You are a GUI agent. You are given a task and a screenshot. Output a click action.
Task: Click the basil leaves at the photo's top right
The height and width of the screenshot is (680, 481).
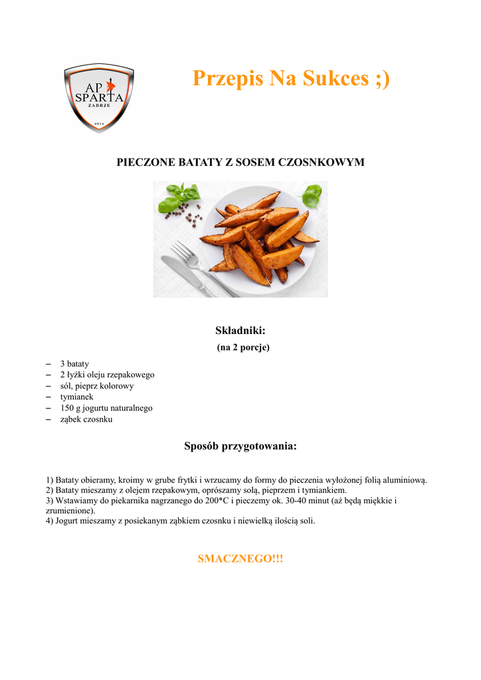[x=312, y=195]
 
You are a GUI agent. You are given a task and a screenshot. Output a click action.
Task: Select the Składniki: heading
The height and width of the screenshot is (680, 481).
[x=241, y=330]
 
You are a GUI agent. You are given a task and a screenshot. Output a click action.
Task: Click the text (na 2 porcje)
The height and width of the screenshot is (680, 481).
[x=243, y=347]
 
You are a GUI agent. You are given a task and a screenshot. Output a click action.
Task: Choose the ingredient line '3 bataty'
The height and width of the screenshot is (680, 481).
[x=74, y=364]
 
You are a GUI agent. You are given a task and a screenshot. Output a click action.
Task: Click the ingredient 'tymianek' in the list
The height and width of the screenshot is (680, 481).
[x=77, y=397]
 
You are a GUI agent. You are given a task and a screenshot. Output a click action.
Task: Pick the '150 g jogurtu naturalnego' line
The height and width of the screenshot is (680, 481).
[x=106, y=408]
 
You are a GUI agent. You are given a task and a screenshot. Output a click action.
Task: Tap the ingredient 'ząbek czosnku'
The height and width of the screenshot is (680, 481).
[x=86, y=420]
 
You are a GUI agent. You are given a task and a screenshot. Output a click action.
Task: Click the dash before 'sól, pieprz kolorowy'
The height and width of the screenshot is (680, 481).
[x=48, y=386]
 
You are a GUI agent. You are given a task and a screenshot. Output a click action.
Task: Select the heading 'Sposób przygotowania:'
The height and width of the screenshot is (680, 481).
[x=241, y=446]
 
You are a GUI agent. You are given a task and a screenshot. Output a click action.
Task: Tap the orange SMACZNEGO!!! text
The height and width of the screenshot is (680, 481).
[x=241, y=559]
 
